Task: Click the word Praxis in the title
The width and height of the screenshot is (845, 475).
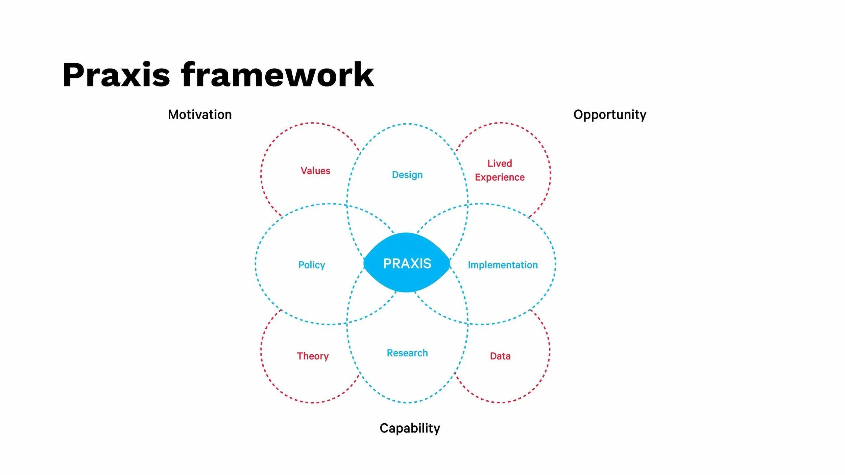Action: point(116,75)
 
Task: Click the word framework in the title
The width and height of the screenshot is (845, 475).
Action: point(277,75)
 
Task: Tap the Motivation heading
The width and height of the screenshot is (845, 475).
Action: point(200,115)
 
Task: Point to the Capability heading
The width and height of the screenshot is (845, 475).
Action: point(410,428)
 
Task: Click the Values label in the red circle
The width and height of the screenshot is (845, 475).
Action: point(315,171)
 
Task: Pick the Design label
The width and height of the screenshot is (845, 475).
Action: point(407,175)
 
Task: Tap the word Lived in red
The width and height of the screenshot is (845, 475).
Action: point(500,164)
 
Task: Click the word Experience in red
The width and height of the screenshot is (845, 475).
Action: point(500,177)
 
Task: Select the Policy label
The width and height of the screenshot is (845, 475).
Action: point(311,265)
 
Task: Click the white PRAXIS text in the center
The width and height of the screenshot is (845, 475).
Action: point(407,264)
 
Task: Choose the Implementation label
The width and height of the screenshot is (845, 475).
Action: point(503,265)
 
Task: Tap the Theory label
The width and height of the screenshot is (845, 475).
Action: point(313,356)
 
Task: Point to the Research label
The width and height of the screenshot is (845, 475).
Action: point(407,353)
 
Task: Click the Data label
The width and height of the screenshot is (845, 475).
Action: point(500,356)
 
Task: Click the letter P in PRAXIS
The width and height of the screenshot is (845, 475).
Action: point(387,264)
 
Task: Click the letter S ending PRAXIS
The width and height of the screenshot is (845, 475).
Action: point(427,264)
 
